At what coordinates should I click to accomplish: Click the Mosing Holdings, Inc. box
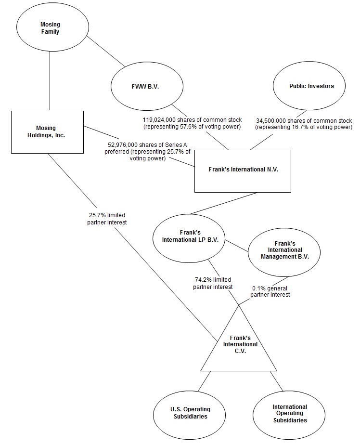tap(47, 132)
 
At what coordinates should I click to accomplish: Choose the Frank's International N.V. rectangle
tap(243, 170)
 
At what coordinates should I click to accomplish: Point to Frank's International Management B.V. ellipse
tap(285, 250)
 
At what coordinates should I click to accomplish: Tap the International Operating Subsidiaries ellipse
tap(290, 413)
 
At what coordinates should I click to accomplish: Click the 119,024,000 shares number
tap(163, 119)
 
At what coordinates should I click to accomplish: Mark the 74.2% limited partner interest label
tap(213, 283)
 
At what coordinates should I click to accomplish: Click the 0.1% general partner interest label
tap(271, 291)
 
